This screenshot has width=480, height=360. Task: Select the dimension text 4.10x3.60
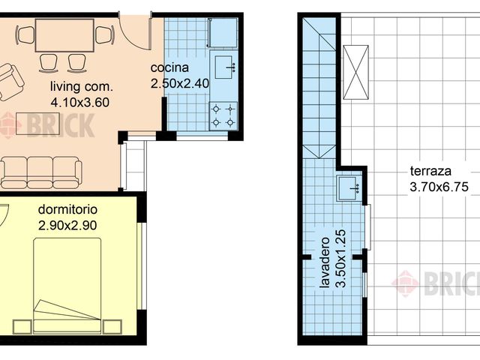[79, 100]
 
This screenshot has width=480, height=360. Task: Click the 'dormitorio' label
[67, 208]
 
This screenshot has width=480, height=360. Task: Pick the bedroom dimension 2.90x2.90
[67, 223]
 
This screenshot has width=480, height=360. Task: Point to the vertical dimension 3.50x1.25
[341, 263]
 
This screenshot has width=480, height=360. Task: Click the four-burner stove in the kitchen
[223, 115]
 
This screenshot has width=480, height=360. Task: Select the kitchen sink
[224, 67]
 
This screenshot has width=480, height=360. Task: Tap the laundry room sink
[348, 187]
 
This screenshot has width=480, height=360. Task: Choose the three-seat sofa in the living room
[41, 172]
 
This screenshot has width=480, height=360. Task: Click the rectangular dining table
[64, 34]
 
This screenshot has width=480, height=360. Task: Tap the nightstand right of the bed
[112, 326]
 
